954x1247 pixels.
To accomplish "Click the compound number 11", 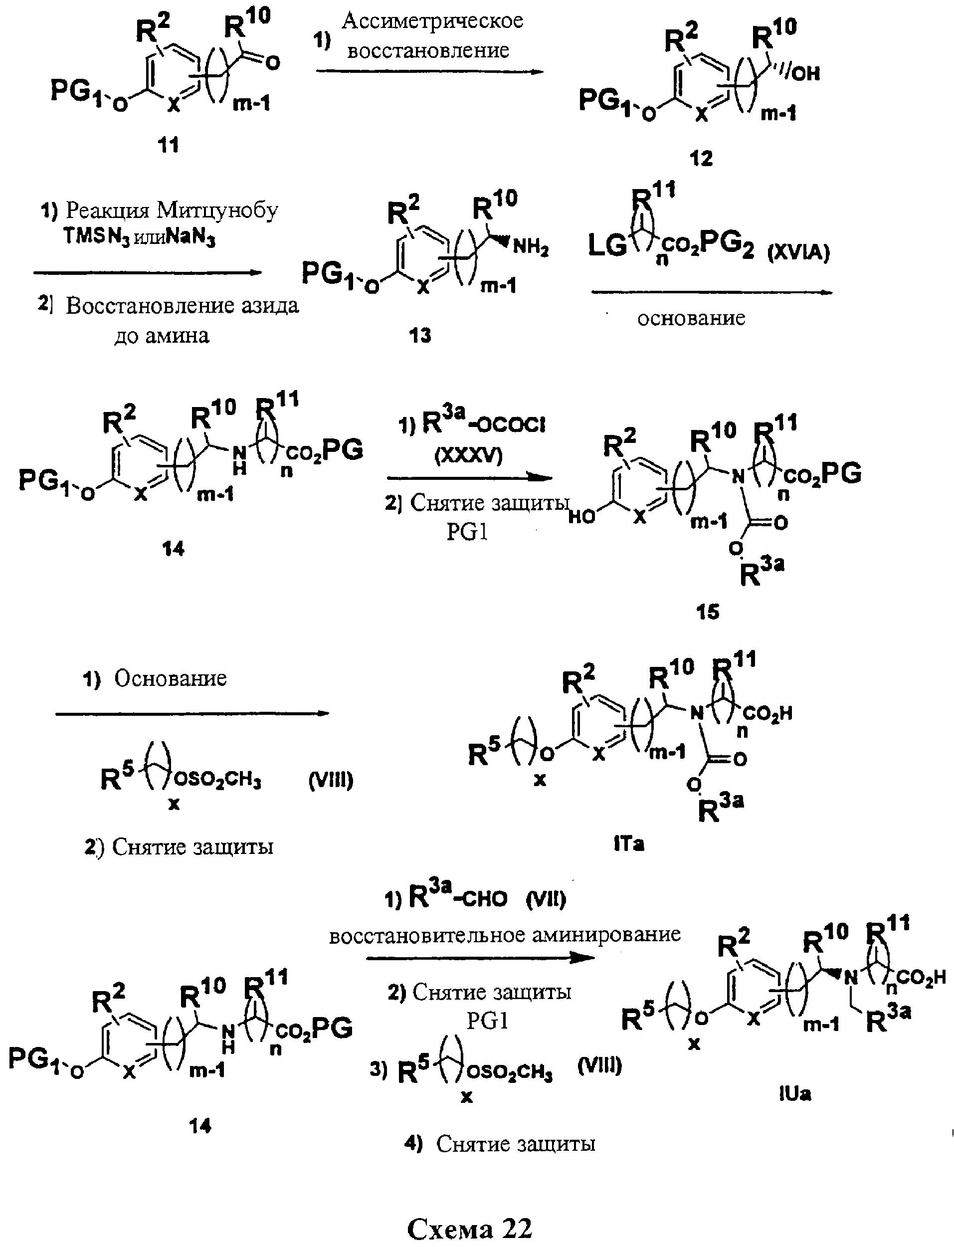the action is (x=168, y=145).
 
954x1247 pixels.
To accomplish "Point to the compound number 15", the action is (x=707, y=612).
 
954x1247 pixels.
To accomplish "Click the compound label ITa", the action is (x=629, y=844).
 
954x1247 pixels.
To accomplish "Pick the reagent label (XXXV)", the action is (x=469, y=455).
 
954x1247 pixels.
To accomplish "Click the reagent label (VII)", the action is (x=546, y=899).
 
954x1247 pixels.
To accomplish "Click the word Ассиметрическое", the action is (x=432, y=21).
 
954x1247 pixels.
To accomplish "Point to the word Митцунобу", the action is (x=217, y=210).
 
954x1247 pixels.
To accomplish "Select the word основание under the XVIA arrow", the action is (x=691, y=318).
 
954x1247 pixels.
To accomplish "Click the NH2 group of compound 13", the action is (x=531, y=248).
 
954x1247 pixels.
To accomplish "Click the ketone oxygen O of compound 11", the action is (x=273, y=62).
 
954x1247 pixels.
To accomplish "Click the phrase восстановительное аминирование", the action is (x=504, y=934).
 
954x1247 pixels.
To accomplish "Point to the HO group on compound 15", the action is (x=581, y=517).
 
